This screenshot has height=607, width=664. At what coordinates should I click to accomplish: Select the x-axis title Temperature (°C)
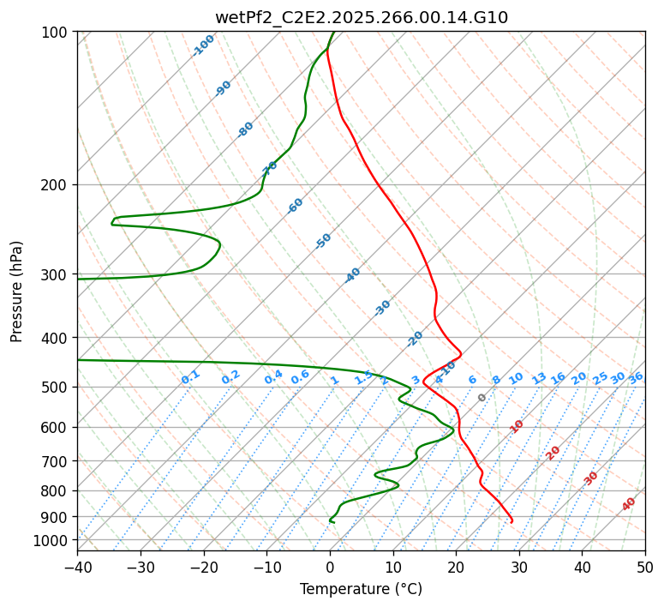(361, 589)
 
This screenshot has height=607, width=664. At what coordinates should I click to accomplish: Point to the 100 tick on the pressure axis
(57, 33)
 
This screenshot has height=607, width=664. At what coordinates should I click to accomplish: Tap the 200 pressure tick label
(57, 185)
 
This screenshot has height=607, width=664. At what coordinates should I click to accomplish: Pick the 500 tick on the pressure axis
(57, 388)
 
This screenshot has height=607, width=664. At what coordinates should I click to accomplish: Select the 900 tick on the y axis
(57, 517)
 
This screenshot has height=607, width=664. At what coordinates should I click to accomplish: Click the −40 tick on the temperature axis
(77, 567)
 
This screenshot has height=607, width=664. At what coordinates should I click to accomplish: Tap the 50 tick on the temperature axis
(645, 567)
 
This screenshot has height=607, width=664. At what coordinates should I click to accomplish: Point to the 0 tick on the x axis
(330, 567)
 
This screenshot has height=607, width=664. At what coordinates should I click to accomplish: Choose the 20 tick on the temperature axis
(456, 567)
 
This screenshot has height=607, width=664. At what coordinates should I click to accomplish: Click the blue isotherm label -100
(203, 45)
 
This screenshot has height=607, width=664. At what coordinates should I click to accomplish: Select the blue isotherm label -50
(323, 241)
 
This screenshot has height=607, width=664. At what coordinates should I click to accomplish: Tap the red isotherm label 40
(629, 504)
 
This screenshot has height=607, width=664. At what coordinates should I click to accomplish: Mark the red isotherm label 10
(517, 426)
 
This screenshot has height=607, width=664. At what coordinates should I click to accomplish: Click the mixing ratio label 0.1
(190, 377)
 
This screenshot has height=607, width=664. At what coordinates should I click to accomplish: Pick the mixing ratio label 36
(636, 378)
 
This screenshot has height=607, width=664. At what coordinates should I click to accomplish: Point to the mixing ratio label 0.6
(300, 377)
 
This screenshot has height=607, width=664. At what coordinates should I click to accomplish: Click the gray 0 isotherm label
(482, 398)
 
